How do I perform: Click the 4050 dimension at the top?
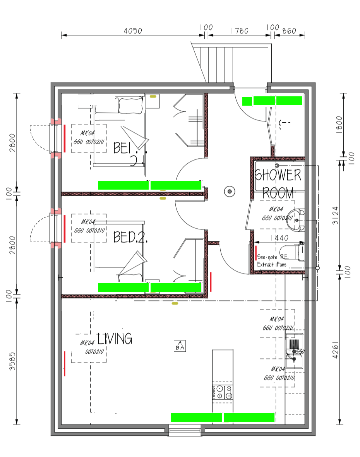tap(133, 31)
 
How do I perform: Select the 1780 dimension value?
tap(239, 31)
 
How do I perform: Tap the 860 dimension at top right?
tap(290, 31)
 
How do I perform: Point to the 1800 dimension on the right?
tap(339, 124)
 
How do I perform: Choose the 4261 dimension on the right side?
tap(336, 349)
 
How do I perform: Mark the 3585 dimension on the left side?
tap(13, 361)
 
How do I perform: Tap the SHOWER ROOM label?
tap(278, 184)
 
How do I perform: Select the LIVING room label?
tap(115, 339)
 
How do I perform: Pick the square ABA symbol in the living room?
tap(180, 346)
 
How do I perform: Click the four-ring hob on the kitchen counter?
tap(223, 392)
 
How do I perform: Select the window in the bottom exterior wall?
tap(185, 431)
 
